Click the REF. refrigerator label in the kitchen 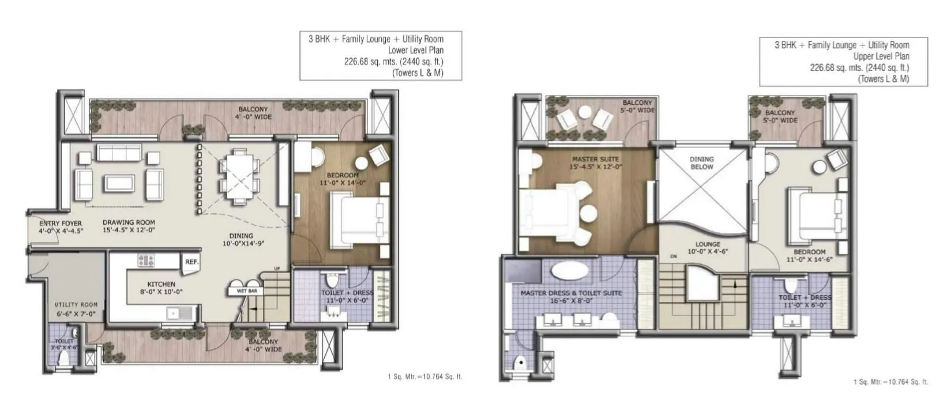(191, 262)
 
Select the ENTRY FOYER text (61, 223)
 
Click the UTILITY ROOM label (76, 304)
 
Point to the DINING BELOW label (701, 163)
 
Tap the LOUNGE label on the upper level (707, 244)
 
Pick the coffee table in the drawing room (120, 183)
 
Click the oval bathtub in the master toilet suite (567, 271)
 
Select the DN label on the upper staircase (673, 256)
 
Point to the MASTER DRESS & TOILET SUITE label (571, 293)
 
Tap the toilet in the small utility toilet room (64, 358)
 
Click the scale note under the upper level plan (890, 382)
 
